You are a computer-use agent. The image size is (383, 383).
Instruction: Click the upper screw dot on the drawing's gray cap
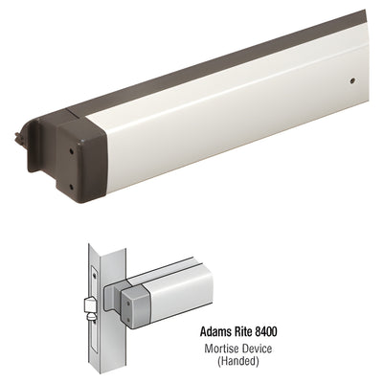[129, 298]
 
